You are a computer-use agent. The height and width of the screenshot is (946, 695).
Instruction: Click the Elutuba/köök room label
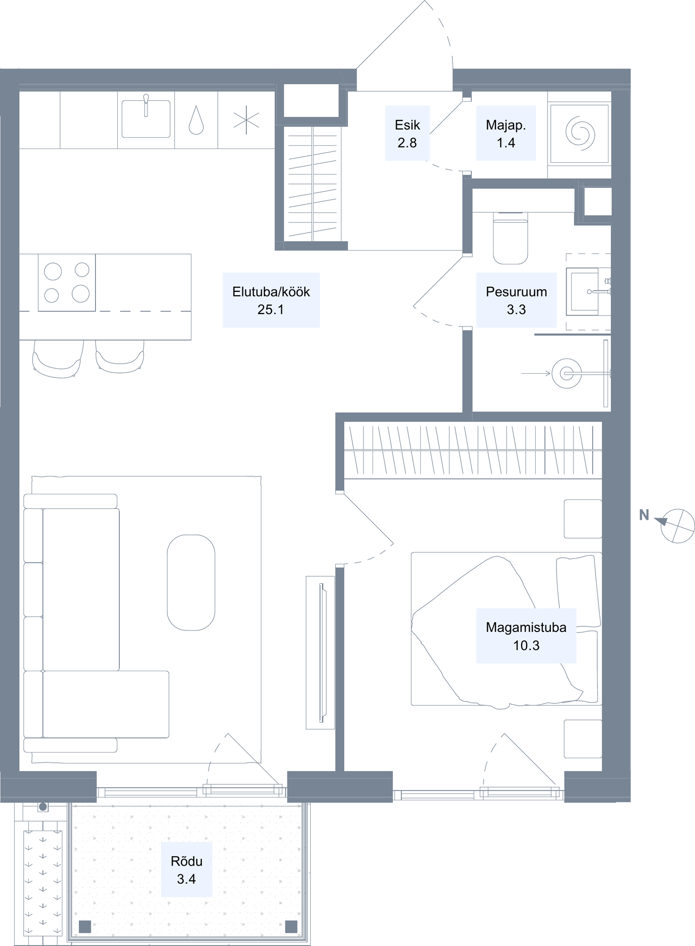click(271, 300)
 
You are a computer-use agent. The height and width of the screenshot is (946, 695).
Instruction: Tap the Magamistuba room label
click(526, 636)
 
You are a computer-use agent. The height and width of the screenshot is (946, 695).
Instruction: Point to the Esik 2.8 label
click(407, 133)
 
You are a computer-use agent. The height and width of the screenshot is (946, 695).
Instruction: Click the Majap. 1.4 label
click(506, 133)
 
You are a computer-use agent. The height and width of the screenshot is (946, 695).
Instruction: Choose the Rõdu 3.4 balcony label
click(186, 869)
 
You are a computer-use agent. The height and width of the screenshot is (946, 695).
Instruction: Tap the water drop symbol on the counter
click(196, 120)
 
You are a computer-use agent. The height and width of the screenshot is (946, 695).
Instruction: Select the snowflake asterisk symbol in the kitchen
click(246, 120)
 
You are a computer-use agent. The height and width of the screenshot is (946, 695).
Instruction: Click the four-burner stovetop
click(67, 282)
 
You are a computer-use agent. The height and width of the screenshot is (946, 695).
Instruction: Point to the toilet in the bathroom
click(510, 238)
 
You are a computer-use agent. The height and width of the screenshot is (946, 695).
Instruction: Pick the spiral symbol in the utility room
click(580, 134)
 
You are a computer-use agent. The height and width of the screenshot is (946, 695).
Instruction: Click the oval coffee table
click(191, 582)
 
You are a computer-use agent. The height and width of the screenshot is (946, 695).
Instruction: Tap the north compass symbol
click(677, 526)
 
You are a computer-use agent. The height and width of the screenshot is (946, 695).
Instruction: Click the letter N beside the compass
click(644, 515)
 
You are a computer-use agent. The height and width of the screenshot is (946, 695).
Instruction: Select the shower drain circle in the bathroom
click(566, 374)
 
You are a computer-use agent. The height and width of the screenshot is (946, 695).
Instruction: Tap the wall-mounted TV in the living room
click(322, 653)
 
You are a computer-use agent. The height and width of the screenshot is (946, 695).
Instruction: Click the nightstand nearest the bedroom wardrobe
click(583, 519)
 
